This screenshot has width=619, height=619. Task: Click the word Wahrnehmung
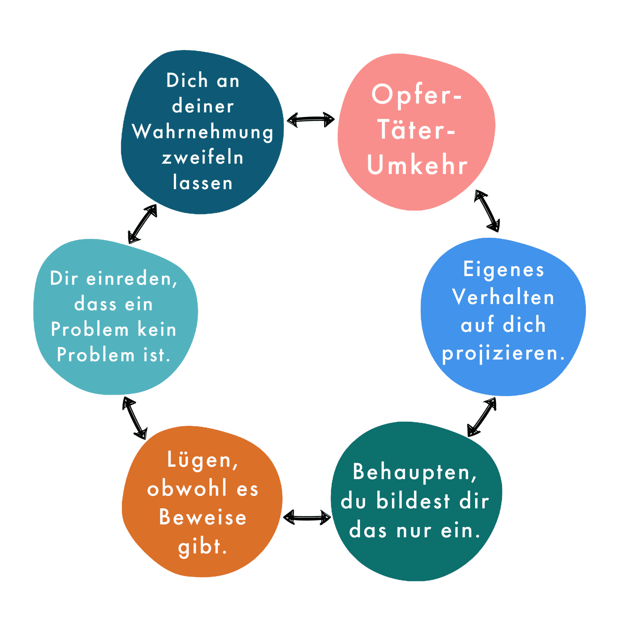(203, 132)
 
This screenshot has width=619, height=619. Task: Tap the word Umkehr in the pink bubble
(417, 165)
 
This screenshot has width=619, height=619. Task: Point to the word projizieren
(503, 353)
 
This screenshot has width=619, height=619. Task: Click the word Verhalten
(503, 297)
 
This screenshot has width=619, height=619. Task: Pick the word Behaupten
(415, 472)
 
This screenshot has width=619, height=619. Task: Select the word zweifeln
(203, 158)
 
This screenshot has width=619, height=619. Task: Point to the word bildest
(413, 501)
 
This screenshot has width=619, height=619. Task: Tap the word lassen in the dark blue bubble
(203, 183)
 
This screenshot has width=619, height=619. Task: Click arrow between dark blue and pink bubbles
(310, 120)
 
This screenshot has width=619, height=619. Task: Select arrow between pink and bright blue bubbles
(487, 211)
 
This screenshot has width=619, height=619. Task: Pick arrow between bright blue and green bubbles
(482, 417)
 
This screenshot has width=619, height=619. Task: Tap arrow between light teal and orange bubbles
(135, 418)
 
